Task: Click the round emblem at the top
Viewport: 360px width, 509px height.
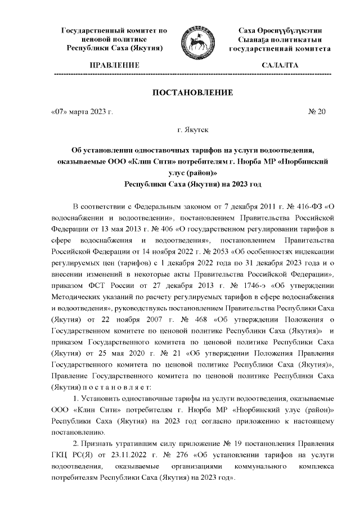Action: (193, 39)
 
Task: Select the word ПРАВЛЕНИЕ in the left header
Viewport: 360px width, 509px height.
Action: (114, 66)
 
